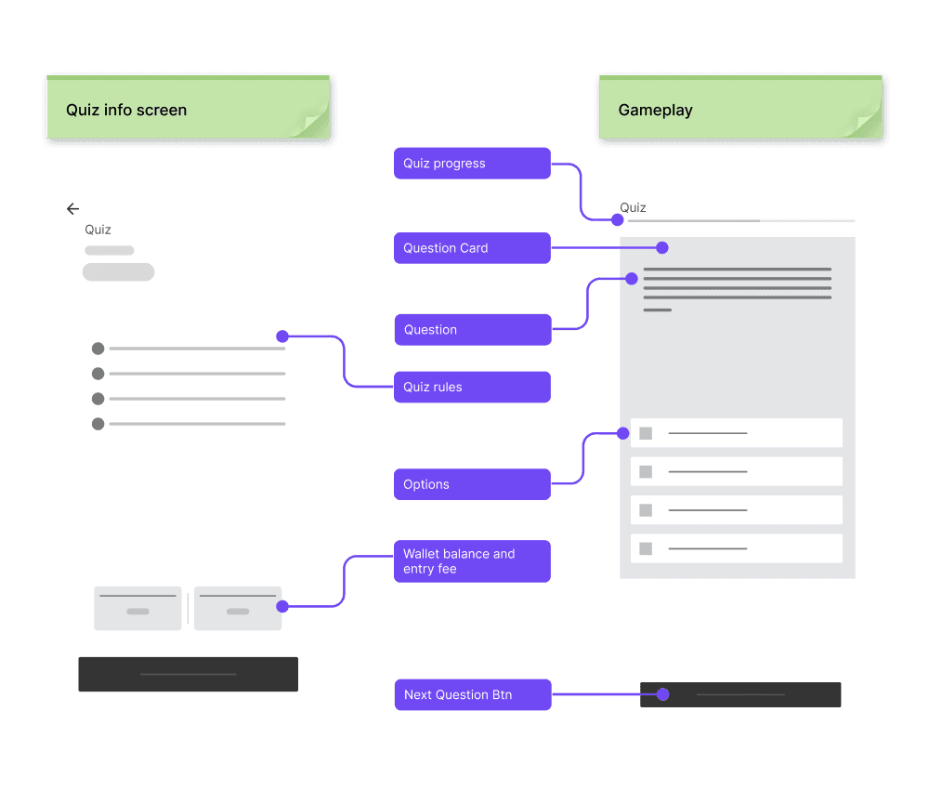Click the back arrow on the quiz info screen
pyautogui.click(x=72, y=209)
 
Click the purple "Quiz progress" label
pyautogui.click(x=472, y=164)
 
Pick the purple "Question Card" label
pyautogui.click(x=472, y=248)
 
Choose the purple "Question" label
pyautogui.click(x=472, y=330)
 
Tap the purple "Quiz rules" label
pyautogui.click(x=472, y=388)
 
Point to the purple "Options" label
pyautogui.click(x=472, y=484)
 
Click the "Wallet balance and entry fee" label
pyautogui.click(x=472, y=561)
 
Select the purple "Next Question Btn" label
pyautogui.click(x=472, y=694)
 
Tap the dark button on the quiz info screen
pyautogui.click(x=188, y=674)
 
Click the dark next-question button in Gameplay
pyautogui.click(x=740, y=694)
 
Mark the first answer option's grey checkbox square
pyautogui.click(x=646, y=433)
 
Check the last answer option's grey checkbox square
pyautogui.click(x=646, y=548)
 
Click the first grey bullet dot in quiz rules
pyautogui.click(x=98, y=349)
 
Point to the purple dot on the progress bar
pyautogui.click(x=617, y=220)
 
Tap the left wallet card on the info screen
pyautogui.click(x=137, y=608)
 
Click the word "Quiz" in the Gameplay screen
pyautogui.click(x=633, y=207)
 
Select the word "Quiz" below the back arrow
pyautogui.click(x=98, y=230)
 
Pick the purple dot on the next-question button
pyautogui.click(x=662, y=694)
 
